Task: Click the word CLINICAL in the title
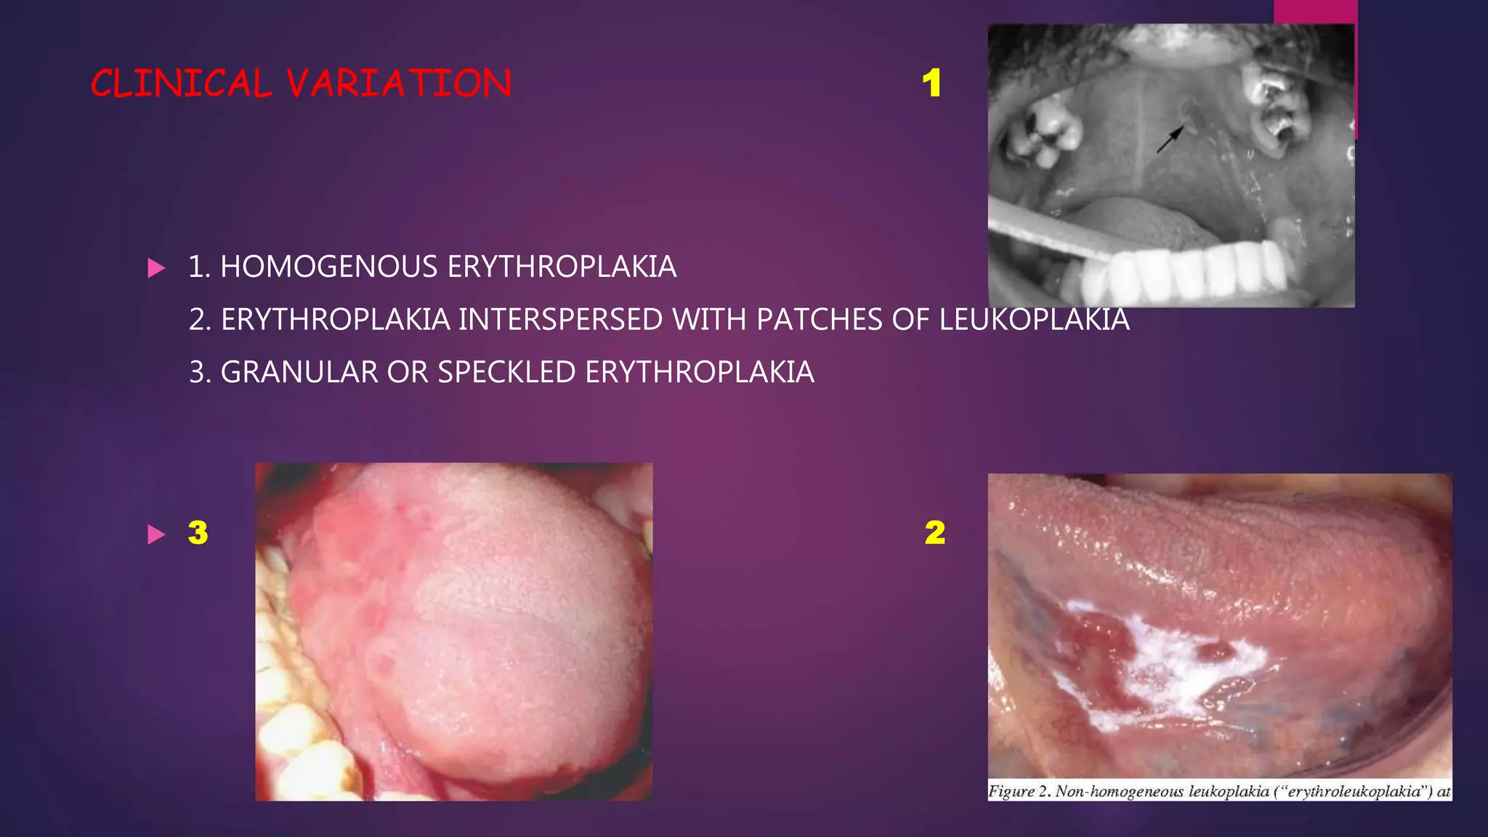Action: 182,84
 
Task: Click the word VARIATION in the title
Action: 399,84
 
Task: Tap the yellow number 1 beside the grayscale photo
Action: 931,84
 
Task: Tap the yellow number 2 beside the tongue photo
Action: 935,533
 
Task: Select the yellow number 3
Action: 198,533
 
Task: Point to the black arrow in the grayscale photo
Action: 1170,139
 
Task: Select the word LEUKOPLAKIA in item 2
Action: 1034,320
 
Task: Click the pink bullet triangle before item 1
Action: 156,268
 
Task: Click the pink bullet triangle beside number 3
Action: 156,535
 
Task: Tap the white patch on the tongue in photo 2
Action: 1177,665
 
